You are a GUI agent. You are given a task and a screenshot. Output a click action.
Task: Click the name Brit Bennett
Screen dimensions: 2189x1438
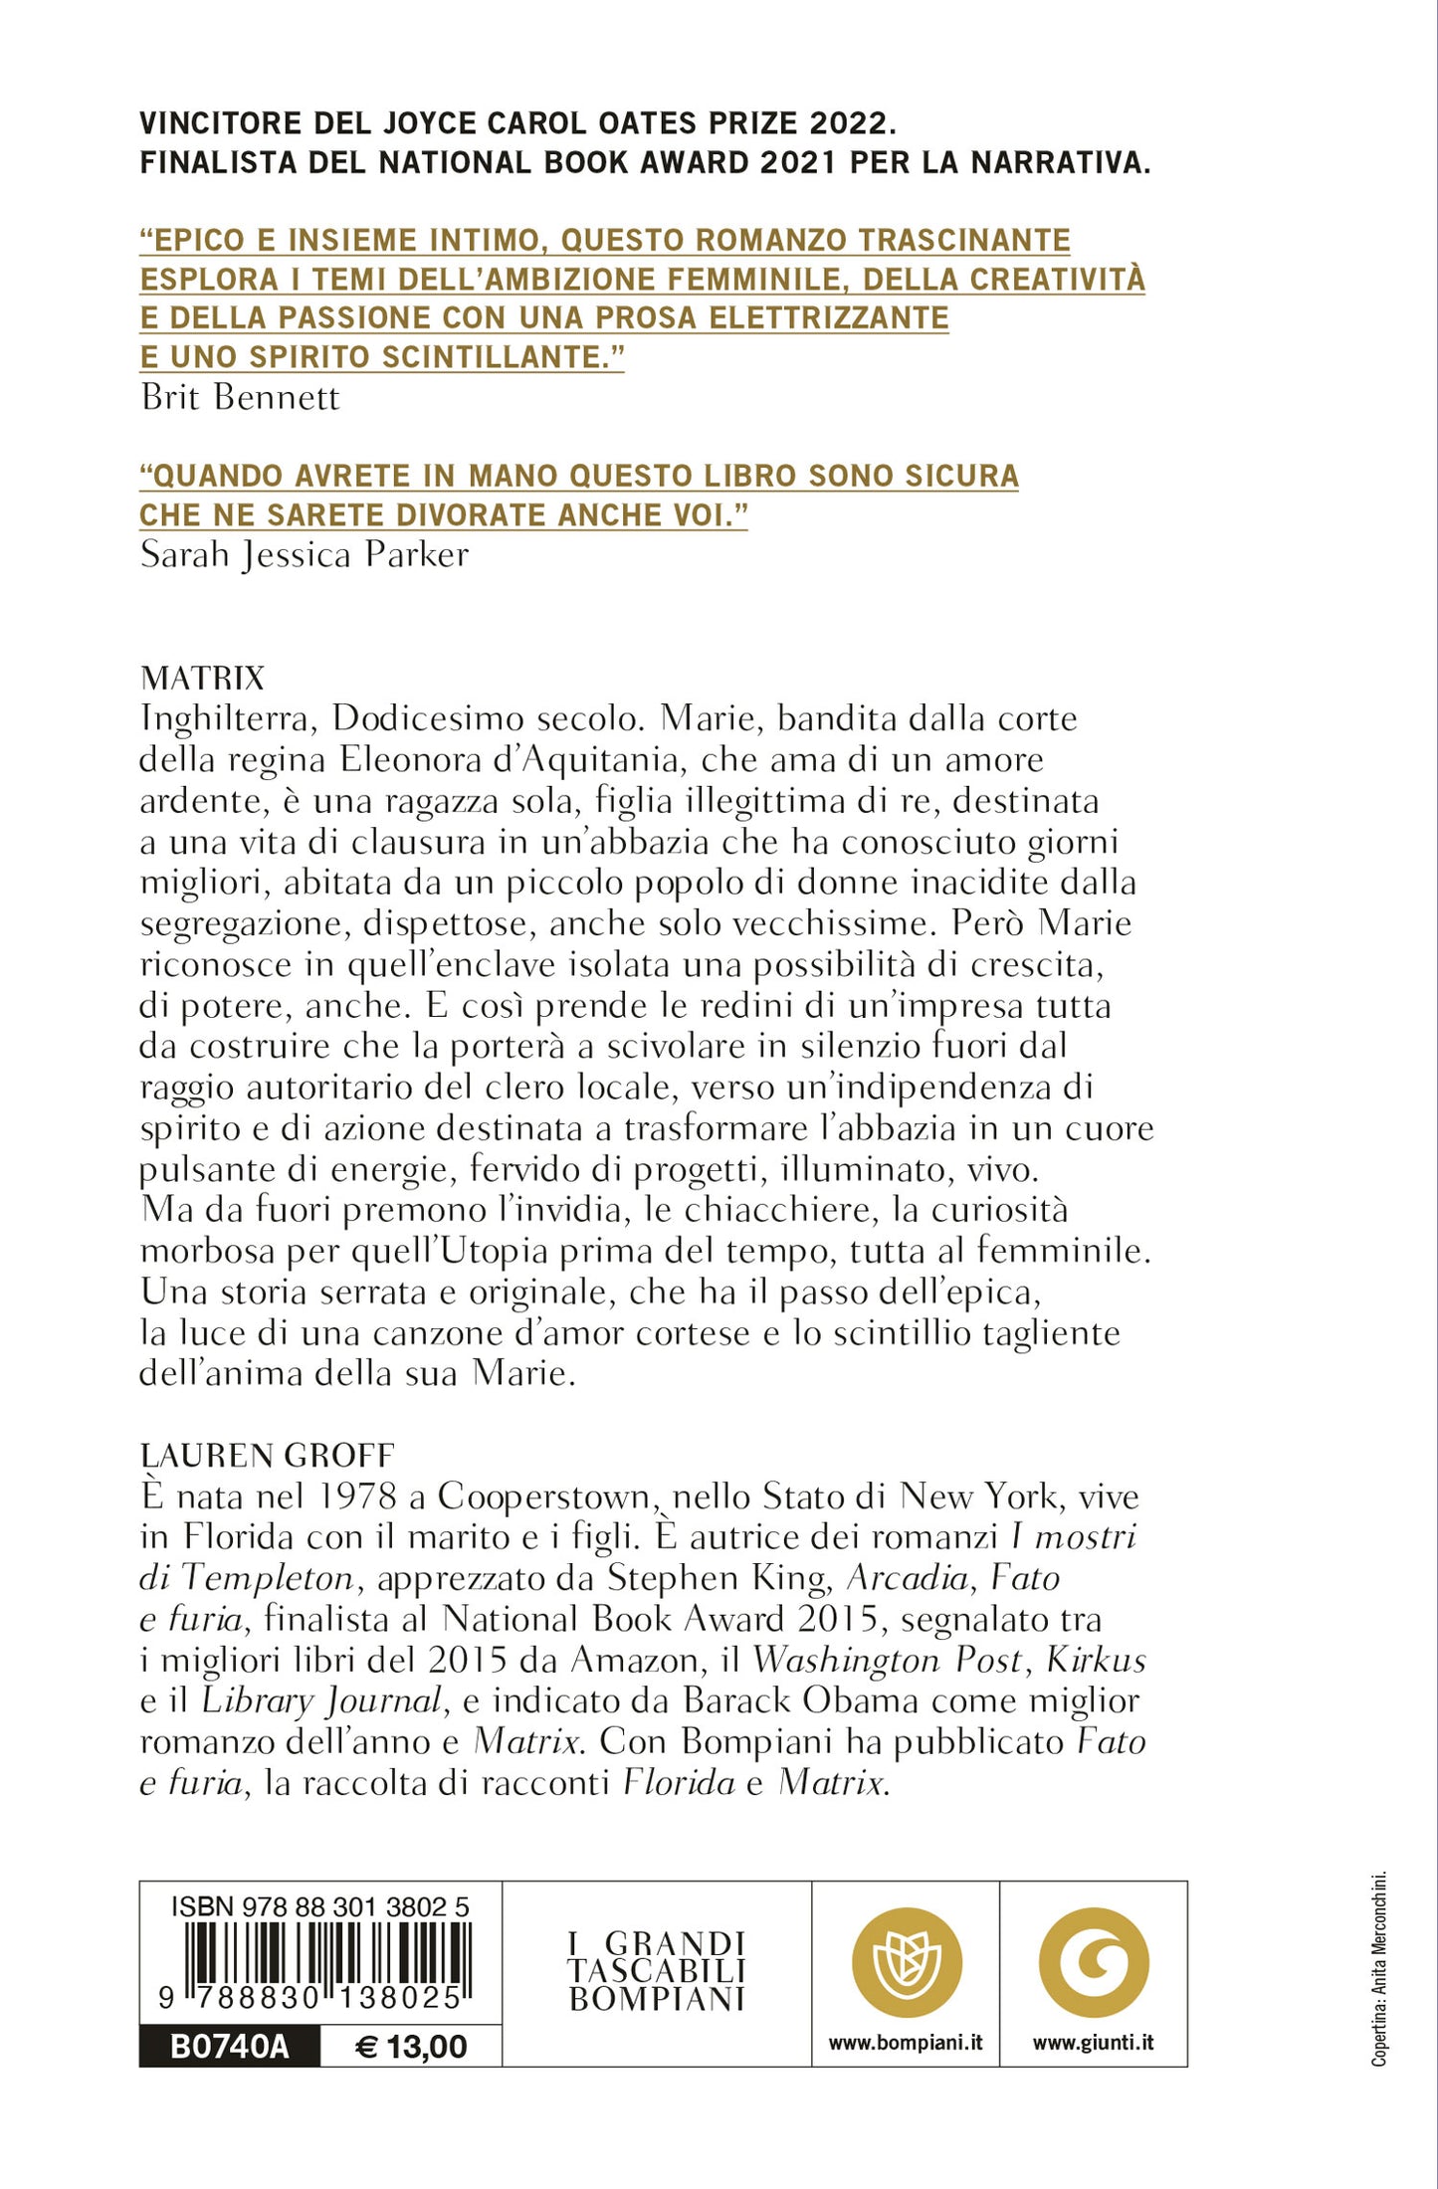pyautogui.click(x=240, y=398)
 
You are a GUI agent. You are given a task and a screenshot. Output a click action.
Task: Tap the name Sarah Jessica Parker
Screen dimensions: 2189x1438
pyautogui.click(x=304, y=555)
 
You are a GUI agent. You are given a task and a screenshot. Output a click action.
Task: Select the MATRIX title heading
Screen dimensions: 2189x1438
pyautogui.click(x=203, y=679)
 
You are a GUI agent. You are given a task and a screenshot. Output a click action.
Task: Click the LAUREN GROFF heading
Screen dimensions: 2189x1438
pyautogui.click(x=267, y=1456)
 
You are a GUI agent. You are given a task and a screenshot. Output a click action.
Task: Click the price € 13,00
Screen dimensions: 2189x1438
pyautogui.click(x=411, y=2047)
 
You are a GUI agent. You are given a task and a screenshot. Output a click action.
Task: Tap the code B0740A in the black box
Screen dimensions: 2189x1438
pyautogui.click(x=230, y=2047)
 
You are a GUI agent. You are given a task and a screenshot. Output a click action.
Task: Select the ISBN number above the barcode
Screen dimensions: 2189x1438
pyautogui.click(x=320, y=1906)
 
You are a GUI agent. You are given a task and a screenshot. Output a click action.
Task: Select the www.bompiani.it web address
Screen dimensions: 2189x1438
pyautogui.click(x=906, y=2043)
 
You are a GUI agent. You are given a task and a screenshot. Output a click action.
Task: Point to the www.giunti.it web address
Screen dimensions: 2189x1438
pyautogui.click(x=1094, y=2043)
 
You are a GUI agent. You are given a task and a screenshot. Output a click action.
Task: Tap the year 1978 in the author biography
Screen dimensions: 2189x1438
pyautogui.click(x=358, y=1497)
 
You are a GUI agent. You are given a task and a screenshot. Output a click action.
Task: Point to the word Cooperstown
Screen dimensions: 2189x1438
pyautogui.click(x=544, y=1497)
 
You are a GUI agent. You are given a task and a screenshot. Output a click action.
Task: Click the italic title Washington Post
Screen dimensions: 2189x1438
pyautogui.click(x=888, y=1661)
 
